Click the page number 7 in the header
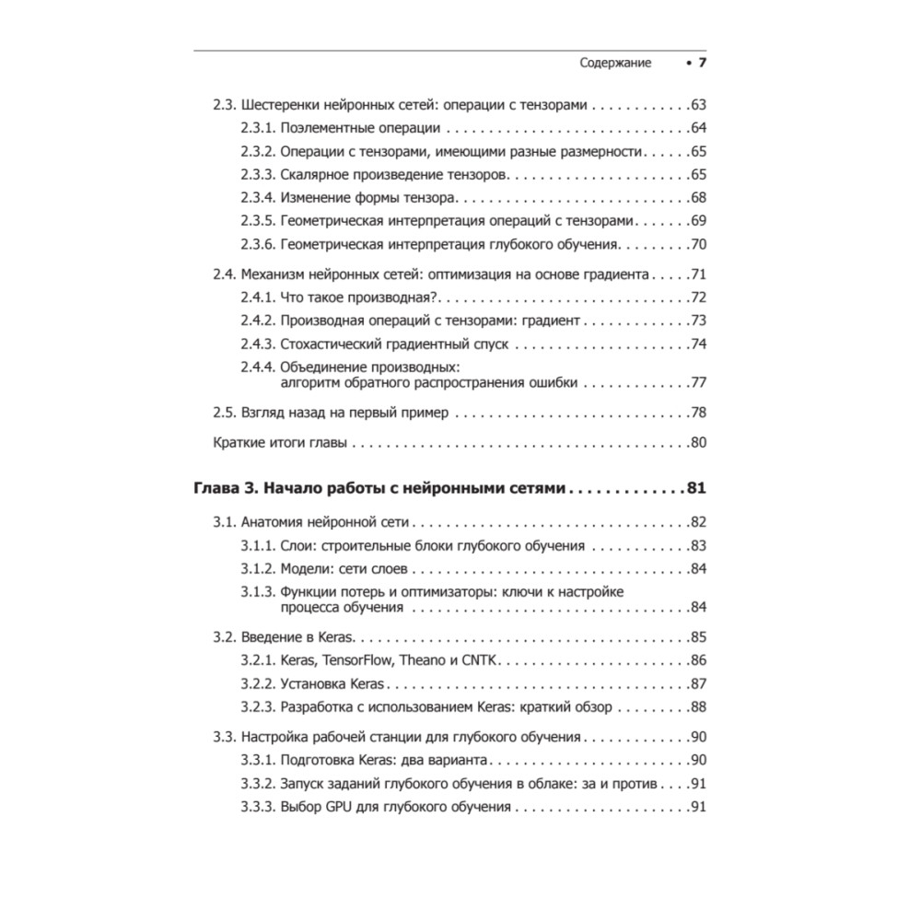click(x=701, y=63)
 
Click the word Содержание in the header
click(x=615, y=63)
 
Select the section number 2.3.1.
click(x=257, y=127)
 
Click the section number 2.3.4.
click(x=257, y=197)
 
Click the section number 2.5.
click(x=224, y=413)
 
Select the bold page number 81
click(x=696, y=488)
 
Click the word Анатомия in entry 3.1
click(x=274, y=521)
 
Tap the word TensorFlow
click(x=363, y=659)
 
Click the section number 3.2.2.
click(x=257, y=682)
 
